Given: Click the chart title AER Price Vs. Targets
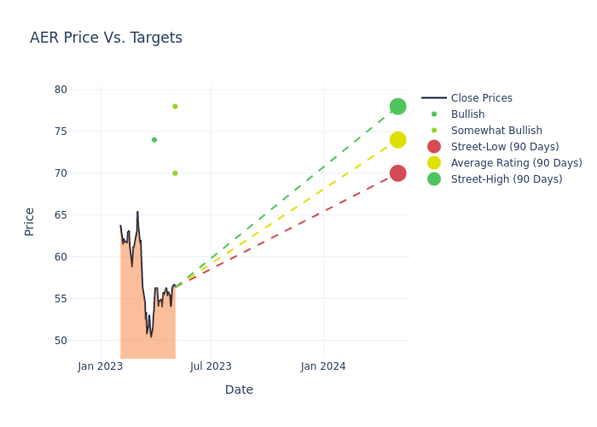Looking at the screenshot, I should (106, 38).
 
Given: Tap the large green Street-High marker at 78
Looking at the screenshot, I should (397, 107).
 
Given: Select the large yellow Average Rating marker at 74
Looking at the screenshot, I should (397, 140).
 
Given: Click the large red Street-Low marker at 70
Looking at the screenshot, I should (397, 173).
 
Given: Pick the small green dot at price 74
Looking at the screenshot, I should (154, 140).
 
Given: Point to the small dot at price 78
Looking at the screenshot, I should (175, 107).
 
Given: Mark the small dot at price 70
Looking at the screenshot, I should (175, 173).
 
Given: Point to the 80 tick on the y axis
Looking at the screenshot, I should (61, 90).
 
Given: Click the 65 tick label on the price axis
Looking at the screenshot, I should (61, 215).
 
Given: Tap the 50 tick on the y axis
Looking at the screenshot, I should (61, 341).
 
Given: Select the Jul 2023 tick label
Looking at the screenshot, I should (211, 366).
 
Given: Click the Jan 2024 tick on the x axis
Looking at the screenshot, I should (323, 366).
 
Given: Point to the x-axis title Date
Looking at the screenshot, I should (239, 390).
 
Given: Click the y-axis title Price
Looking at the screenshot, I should (30, 221).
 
